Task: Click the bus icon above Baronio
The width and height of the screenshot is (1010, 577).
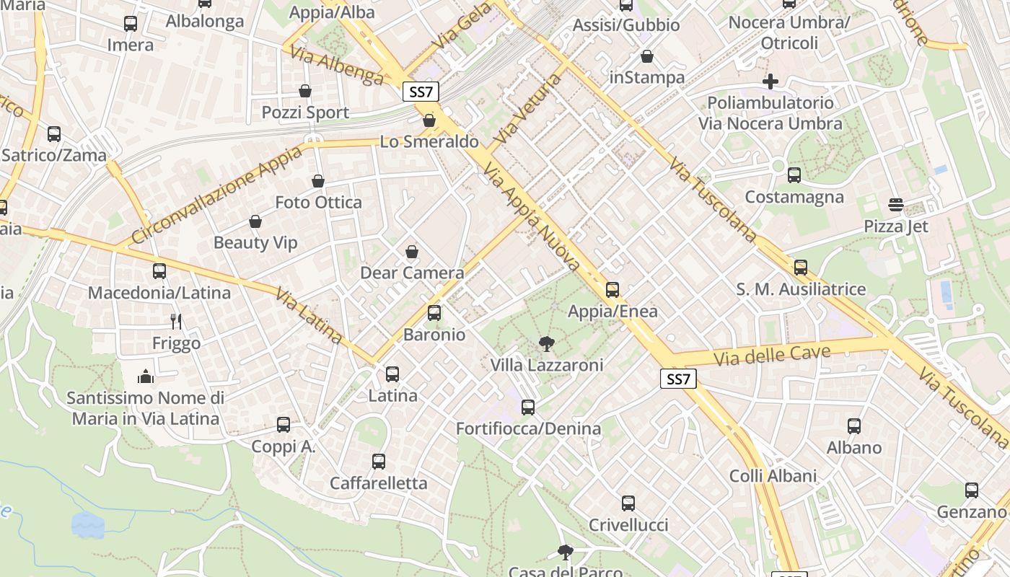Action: click(x=434, y=313)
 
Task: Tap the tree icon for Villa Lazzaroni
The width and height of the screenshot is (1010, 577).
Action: click(x=547, y=344)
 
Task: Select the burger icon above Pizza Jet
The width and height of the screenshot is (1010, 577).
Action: click(x=896, y=205)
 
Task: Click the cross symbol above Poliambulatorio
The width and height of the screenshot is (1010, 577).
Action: click(x=770, y=81)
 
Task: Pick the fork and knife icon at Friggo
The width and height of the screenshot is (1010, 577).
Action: click(x=176, y=321)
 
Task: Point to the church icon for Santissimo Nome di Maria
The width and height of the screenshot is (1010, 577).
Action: click(x=146, y=376)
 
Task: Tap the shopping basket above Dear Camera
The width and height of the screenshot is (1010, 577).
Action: click(x=411, y=252)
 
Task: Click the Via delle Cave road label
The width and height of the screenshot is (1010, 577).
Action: click(x=772, y=355)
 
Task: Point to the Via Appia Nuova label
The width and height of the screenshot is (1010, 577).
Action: click(x=532, y=216)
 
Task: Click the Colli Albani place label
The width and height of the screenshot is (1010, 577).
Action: click(x=773, y=476)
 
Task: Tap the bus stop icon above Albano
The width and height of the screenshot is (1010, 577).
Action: click(x=854, y=426)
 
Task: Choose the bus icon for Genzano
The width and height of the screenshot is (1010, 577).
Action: click(x=972, y=490)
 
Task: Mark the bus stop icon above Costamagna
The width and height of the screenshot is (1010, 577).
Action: click(x=794, y=175)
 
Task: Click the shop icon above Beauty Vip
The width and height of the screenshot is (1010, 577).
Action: click(x=255, y=221)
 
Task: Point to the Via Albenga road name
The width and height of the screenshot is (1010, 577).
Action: click(x=336, y=66)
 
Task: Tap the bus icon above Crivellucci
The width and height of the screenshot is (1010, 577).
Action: click(x=628, y=503)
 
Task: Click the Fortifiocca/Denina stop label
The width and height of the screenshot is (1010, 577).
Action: click(x=528, y=429)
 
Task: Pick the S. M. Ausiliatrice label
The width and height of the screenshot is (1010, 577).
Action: click(x=801, y=289)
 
